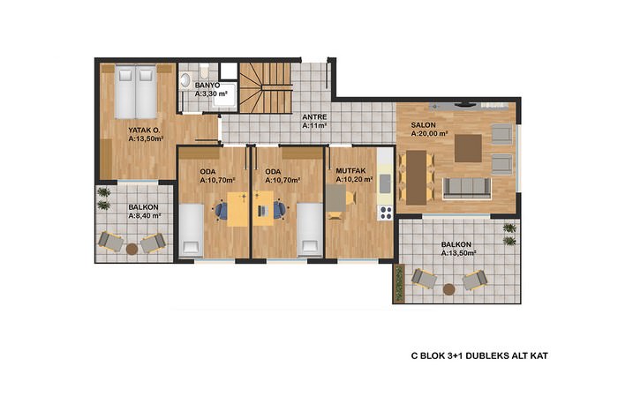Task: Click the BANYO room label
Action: (x=207, y=85)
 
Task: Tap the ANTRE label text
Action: (x=314, y=117)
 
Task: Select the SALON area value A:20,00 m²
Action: (x=429, y=134)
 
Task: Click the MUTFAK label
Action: (x=350, y=171)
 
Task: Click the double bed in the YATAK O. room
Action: (x=136, y=92)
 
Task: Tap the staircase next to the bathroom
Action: (x=266, y=88)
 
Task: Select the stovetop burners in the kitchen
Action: (x=385, y=213)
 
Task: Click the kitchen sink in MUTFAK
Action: (x=385, y=183)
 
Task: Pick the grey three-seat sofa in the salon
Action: (x=467, y=188)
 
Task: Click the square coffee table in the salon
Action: (x=468, y=148)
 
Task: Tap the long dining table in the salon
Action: (x=417, y=177)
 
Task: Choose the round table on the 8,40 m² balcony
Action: (x=132, y=249)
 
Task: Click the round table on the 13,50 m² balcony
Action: (x=448, y=289)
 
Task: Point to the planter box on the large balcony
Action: (x=399, y=282)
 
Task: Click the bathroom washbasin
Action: (x=185, y=81)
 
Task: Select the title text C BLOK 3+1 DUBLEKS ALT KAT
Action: (x=479, y=356)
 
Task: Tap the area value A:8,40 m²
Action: (x=145, y=216)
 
